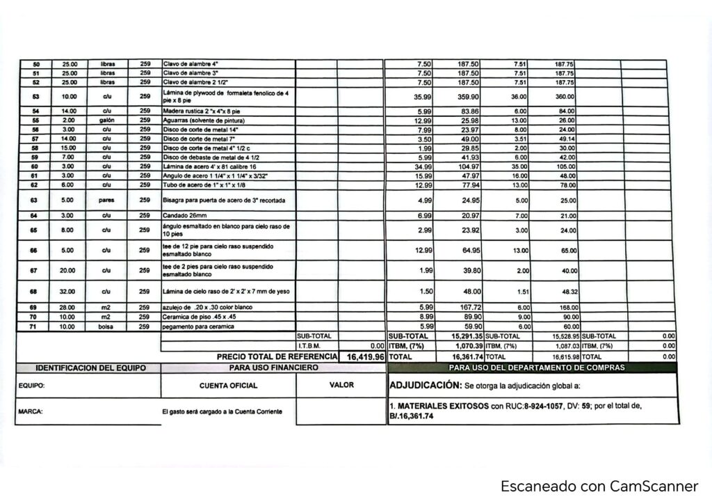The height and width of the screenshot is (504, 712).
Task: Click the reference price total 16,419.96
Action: pos(360,356)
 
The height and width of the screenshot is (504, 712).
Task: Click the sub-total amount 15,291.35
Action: pos(457,336)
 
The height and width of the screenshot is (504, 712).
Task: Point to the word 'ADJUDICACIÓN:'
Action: pos(422,384)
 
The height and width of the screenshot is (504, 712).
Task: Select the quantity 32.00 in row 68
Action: pos(69,291)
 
